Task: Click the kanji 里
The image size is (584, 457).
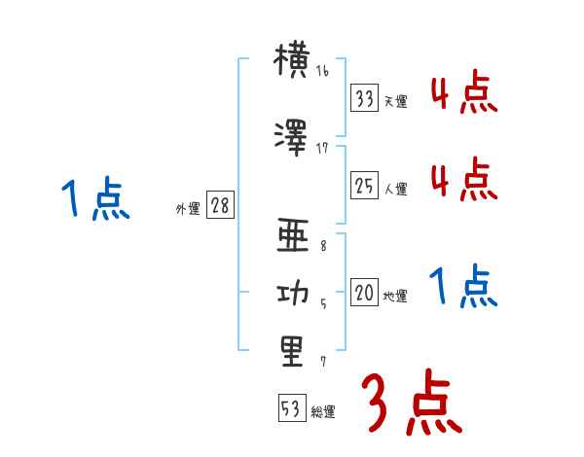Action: (292, 350)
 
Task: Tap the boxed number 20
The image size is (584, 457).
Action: (364, 293)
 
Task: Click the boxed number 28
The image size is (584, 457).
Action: (220, 205)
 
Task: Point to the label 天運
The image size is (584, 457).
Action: (395, 101)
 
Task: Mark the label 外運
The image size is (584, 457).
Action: (188, 209)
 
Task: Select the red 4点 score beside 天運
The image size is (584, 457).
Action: (463, 95)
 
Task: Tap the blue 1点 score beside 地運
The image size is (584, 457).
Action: (463, 288)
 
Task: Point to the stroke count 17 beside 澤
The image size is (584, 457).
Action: (322, 147)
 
